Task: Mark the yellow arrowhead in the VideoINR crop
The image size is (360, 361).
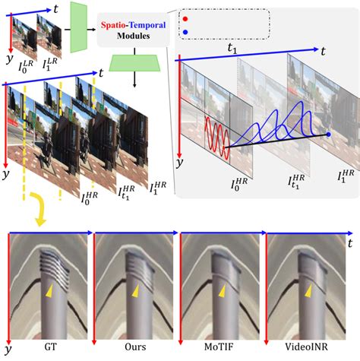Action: [x=308, y=291]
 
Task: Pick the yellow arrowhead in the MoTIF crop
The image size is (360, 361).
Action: [x=221, y=291]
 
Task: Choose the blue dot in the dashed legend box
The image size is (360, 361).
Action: [x=187, y=32]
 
